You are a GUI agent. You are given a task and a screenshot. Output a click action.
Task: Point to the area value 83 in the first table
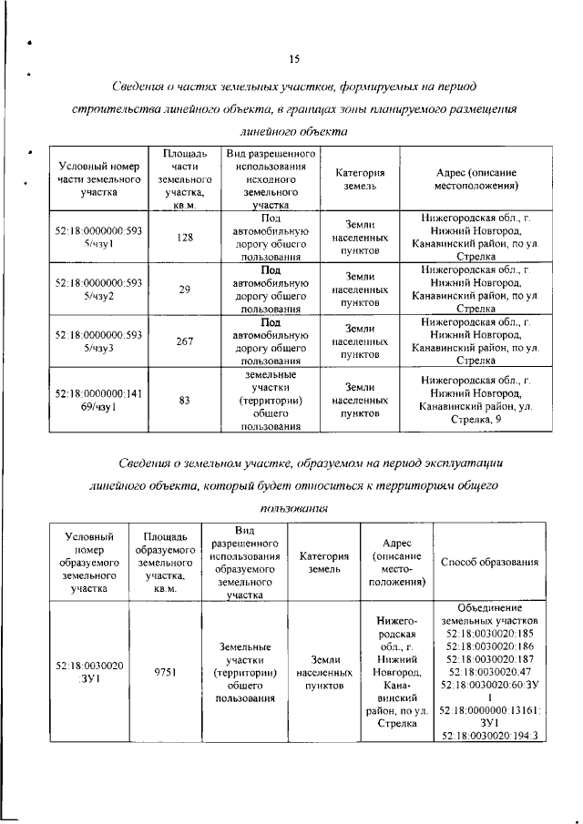pyautogui.click(x=185, y=399)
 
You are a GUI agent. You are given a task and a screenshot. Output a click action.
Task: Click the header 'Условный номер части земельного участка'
pyautogui.click(x=94, y=179)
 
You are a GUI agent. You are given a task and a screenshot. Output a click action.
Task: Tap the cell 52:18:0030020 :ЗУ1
pyautogui.click(x=89, y=673)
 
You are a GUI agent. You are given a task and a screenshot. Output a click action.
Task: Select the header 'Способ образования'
pyautogui.click(x=489, y=561)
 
